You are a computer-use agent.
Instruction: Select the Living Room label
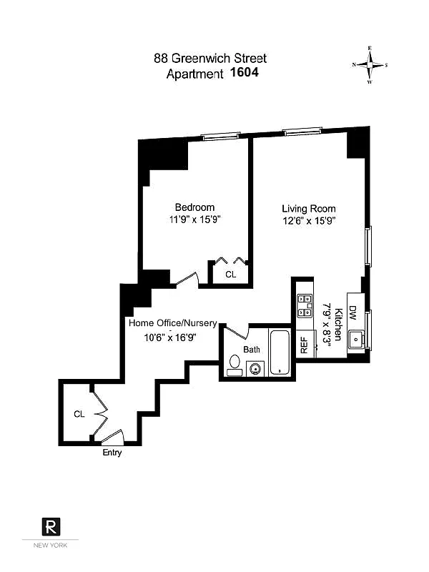pyautogui.click(x=308, y=208)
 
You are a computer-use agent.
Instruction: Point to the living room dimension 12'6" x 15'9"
pyautogui.click(x=308, y=220)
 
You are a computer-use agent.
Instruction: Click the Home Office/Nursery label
pyautogui.click(x=173, y=323)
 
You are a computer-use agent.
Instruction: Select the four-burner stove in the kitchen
pyautogui.click(x=305, y=305)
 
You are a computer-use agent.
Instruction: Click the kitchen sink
pyautogui.click(x=355, y=340)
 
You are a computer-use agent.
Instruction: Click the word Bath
pyautogui.click(x=252, y=350)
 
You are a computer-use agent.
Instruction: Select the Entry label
pyautogui.click(x=112, y=453)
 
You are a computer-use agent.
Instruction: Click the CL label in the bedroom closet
pyautogui.click(x=230, y=274)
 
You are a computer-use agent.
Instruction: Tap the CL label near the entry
pyautogui.click(x=79, y=414)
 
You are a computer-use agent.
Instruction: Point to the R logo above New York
pyautogui.click(x=51, y=528)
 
